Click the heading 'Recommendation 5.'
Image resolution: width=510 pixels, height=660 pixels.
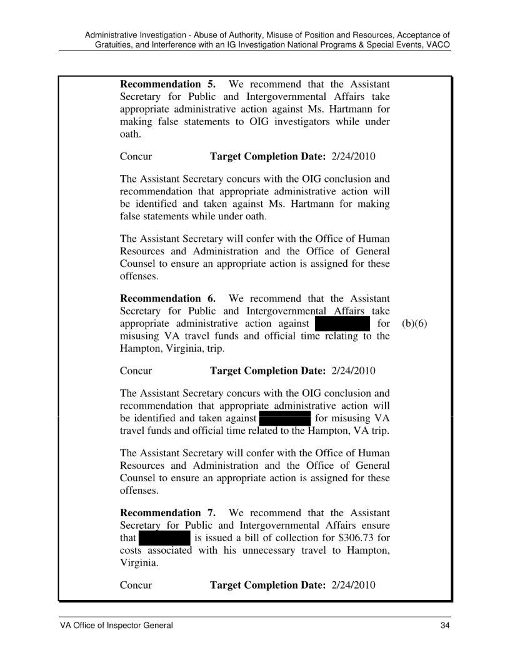tap(167, 84)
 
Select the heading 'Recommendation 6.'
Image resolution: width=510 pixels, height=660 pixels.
tap(167, 299)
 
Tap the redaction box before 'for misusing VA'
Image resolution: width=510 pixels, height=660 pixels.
tap(284, 418)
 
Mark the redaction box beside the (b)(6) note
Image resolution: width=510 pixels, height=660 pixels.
tap(344, 324)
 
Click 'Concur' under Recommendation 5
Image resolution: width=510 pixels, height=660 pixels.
tap(136, 156)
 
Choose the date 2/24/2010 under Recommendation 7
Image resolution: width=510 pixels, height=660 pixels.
tap(352, 585)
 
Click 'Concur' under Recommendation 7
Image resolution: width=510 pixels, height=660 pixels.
tap(136, 585)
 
